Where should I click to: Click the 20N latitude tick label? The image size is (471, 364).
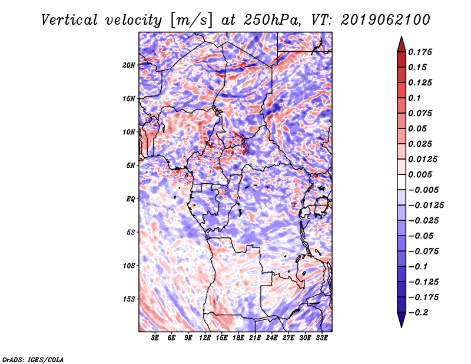click(129, 65)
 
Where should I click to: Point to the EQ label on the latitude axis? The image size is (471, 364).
click(131, 199)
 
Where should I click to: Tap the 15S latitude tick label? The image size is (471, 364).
click(129, 299)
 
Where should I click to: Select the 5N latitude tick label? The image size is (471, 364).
click(131, 166)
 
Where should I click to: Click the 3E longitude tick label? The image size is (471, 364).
click(155, 338)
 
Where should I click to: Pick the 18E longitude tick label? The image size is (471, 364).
click(238, 338)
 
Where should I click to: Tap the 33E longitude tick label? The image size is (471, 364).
click(321, 338)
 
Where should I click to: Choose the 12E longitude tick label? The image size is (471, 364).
click(205, 338)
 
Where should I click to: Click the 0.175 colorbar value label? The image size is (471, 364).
click(420, 52)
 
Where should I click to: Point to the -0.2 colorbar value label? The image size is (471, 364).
click(418, 313)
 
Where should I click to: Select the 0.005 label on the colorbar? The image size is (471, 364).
click(420, 174)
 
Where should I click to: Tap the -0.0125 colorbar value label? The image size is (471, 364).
click(426, 206)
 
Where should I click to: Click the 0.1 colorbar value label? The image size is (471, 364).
click(414, 98)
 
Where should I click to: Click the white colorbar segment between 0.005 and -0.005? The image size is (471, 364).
click(402, 182)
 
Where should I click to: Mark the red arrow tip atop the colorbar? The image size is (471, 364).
click(402, 37)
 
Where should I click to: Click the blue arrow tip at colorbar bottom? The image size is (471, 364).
click(402, 327)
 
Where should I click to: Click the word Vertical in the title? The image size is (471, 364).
click(69, 20)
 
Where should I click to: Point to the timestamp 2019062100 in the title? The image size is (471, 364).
click(386, 20)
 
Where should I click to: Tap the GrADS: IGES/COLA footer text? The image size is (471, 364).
click(33, 359)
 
